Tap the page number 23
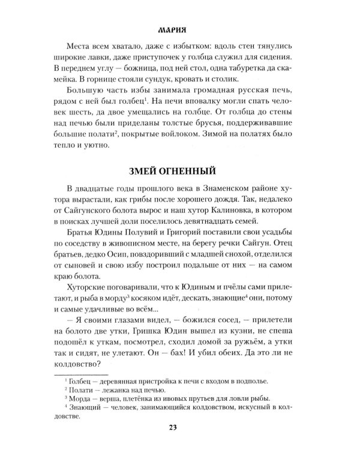pos(180,427)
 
